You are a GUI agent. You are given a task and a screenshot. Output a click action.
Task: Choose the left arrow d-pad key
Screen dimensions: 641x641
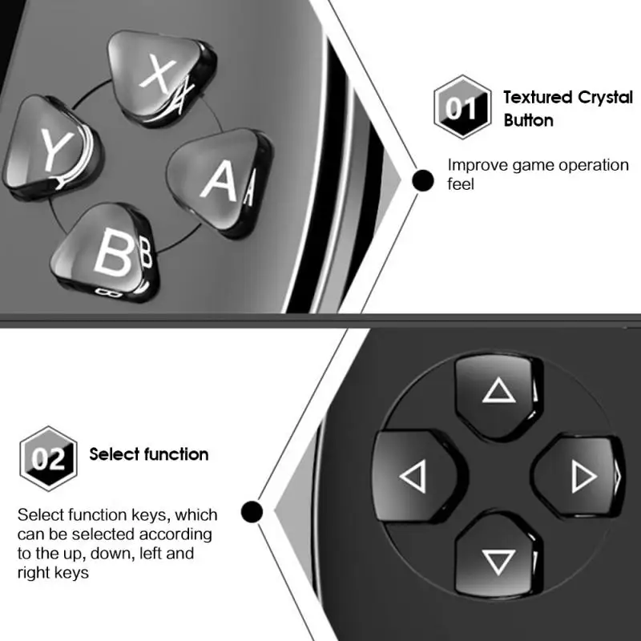click(413, 478)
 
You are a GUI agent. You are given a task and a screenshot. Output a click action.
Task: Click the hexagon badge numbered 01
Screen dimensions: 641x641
click(461, 107)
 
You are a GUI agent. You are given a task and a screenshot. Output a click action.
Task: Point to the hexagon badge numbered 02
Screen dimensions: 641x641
click(48, 458)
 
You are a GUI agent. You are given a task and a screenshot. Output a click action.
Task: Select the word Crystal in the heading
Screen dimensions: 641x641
click(604, 98)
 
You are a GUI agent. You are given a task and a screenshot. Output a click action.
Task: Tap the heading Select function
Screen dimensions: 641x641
click(149, 455)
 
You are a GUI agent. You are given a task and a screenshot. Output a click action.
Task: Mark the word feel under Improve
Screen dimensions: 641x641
click(461, 184)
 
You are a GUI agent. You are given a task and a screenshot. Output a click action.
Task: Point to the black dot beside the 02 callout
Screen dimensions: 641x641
click(252, 511)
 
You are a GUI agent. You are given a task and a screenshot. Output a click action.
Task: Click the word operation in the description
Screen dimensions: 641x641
click(594, 166)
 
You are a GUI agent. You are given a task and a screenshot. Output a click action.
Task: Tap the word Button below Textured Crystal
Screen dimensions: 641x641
click(528, 121)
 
